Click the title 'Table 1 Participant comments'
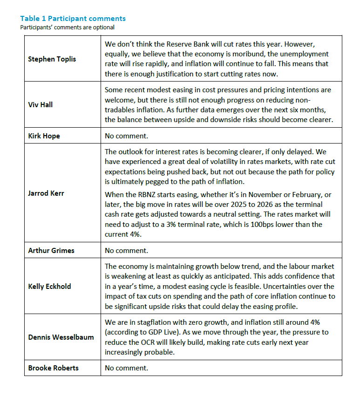[x=73, y=19]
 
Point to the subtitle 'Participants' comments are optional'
[x=67, y=27]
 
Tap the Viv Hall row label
[x=41, y=104]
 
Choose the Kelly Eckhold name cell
[x=49, y=286]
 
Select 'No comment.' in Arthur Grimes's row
[x=126, y=250]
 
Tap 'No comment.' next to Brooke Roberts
[x=126, y=368]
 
